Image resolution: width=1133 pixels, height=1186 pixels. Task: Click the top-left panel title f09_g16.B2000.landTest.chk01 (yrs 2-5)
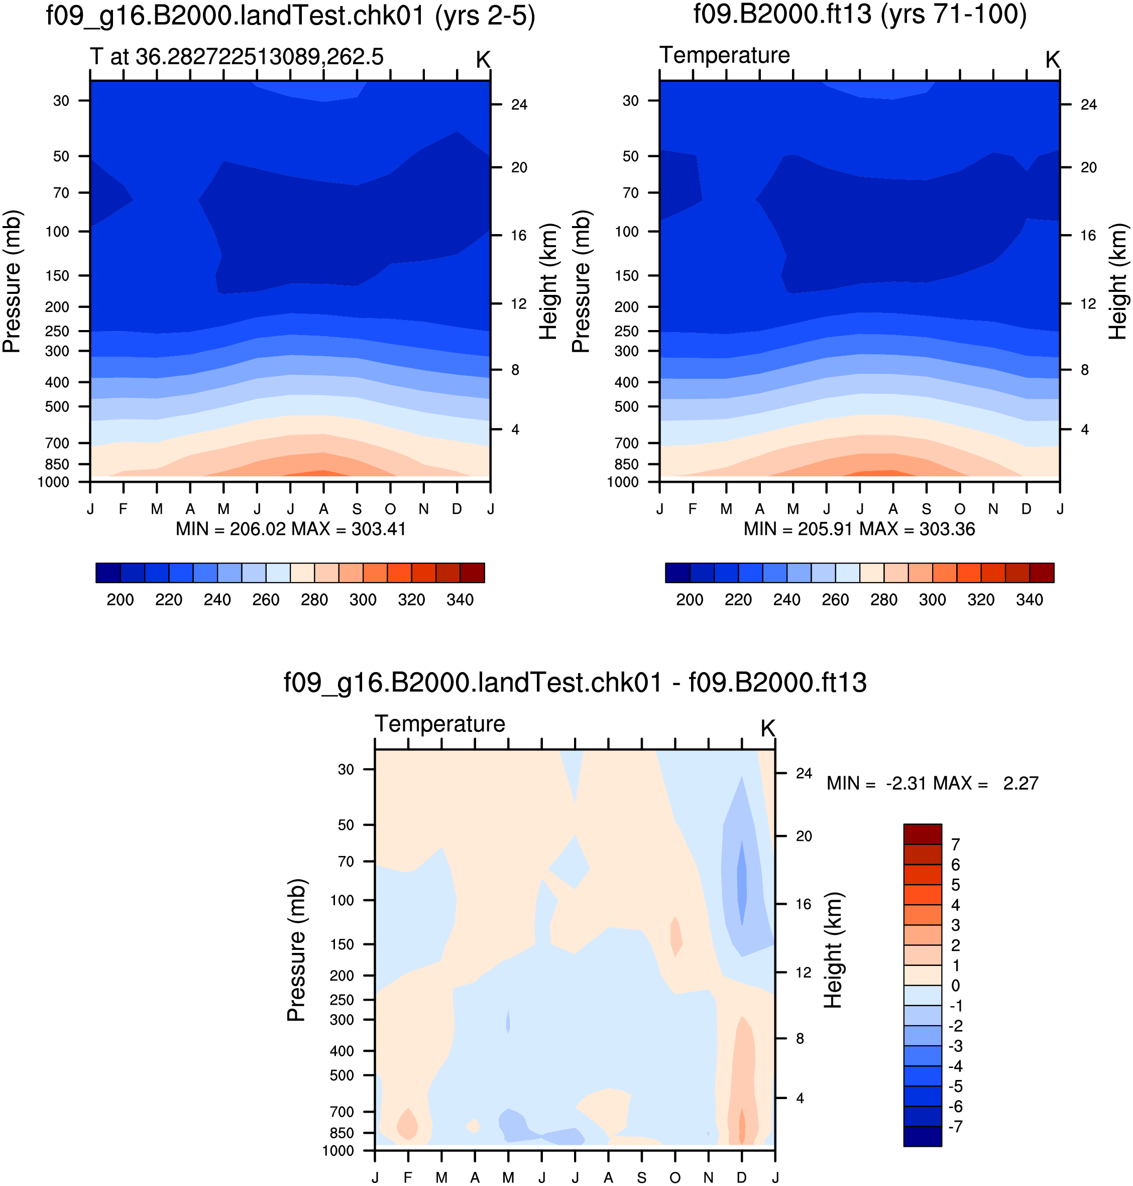pos(290,16)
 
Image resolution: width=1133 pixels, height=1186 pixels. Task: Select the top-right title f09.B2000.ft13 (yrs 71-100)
pos(860,15)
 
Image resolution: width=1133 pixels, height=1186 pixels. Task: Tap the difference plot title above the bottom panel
pos(575,683)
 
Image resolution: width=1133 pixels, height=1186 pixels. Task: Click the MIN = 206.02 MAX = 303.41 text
pos(290,529)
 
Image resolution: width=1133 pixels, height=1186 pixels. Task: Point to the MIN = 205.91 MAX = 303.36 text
pos(859,529)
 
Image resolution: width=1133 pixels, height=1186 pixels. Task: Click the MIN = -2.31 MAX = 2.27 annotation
pos(933,784)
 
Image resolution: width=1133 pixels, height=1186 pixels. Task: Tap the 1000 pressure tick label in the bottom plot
pos(338,1150)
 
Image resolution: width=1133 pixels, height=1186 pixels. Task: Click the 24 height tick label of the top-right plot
pos(1088,104)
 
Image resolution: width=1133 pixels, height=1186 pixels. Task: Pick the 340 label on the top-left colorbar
pos(460,600)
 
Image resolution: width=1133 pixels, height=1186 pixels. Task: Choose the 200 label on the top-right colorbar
pos(690,600)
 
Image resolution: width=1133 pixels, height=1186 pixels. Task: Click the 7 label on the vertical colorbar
pos(955,844)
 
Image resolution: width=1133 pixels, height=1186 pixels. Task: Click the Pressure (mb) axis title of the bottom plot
pos(296,950)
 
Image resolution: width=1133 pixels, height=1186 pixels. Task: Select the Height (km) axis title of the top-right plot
pos(1118,281)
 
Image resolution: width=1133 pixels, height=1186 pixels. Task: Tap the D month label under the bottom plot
pos(742,1177)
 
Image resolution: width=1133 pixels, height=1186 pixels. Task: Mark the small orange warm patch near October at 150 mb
pos(676,936)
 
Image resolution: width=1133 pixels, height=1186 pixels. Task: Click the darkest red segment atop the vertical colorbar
pos(923,834)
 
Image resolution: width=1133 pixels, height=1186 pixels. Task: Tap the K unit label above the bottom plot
pos(767,729)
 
